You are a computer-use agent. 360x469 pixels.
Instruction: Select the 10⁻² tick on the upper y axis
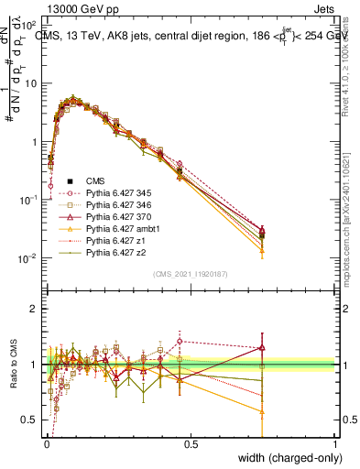28,258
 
